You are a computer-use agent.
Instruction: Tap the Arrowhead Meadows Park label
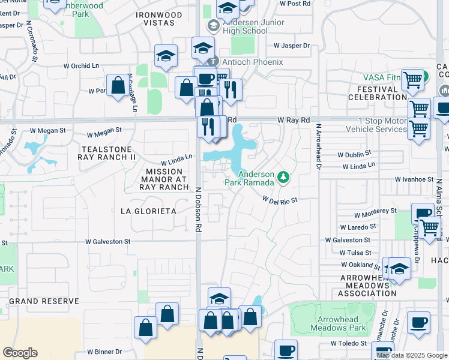click(338, 323)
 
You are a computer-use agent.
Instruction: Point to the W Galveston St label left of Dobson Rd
click(107, 242)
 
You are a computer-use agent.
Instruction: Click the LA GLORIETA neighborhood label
click(148, 211)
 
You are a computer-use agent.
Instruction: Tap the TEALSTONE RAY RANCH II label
click(107, 152)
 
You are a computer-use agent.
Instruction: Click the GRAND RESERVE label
click(44, 301)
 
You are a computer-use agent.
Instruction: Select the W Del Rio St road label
click(280, 200)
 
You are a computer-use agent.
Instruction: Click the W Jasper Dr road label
click(291, 46)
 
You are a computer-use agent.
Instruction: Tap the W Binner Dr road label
click(104, 352)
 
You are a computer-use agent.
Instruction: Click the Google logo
click(20, 353)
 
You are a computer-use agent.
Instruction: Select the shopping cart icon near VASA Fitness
click(412, 79)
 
